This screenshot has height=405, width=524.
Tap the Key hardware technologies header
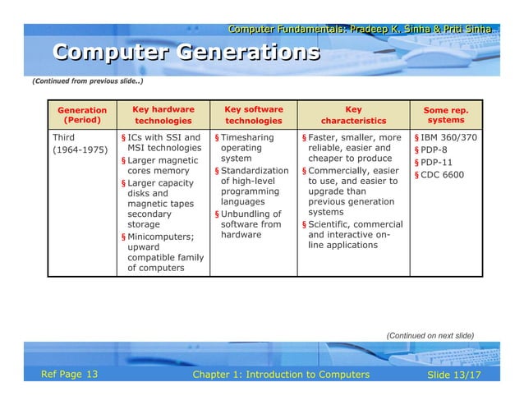tap(163, 115)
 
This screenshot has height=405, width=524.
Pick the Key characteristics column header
tap(353, 115)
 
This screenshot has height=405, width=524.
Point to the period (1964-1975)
tap(80, 151)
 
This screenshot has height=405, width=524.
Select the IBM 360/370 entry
tap(448, 137)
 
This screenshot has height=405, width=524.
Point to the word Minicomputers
tap(160, 237)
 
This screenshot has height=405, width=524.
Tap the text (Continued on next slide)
tap(430, 335)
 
